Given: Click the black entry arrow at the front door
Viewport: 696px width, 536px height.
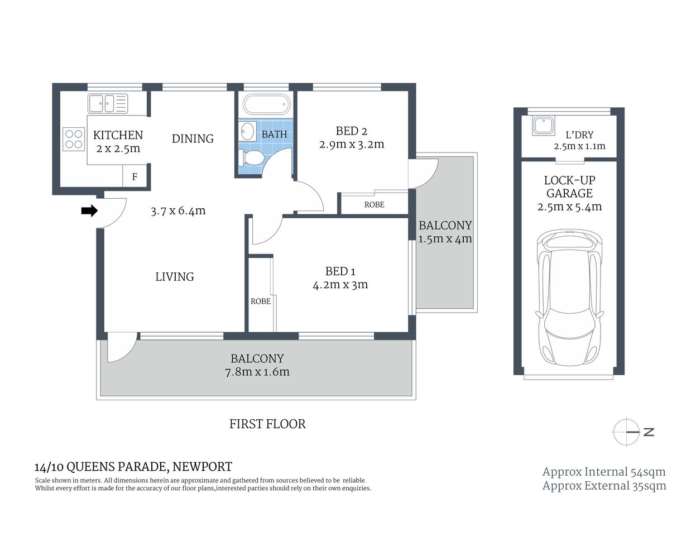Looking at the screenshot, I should [89, 210].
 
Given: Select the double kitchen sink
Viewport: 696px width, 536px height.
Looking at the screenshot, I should [108, 103].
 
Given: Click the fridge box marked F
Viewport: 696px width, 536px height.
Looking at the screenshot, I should [135, 177].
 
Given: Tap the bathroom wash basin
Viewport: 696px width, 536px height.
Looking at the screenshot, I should [247, 131].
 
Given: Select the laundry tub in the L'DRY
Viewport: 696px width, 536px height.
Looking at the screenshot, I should [541, 125].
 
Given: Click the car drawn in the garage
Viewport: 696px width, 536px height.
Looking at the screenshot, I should [569, 299].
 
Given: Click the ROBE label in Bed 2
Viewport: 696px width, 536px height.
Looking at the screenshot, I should [374, 204].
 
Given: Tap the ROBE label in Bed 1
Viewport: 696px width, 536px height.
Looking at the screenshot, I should [260, 301].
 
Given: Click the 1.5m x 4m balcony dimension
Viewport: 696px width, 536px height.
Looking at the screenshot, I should [445, 239].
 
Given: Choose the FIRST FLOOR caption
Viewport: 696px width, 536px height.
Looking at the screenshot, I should [267, 424].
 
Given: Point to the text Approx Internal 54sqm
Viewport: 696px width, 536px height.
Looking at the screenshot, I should [604, 472].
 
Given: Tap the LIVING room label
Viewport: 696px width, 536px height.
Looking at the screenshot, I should [175, 276].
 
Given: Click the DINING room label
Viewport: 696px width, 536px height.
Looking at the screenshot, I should [193, 138].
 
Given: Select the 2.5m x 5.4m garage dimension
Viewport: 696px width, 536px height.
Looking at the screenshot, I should [569, 207].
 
